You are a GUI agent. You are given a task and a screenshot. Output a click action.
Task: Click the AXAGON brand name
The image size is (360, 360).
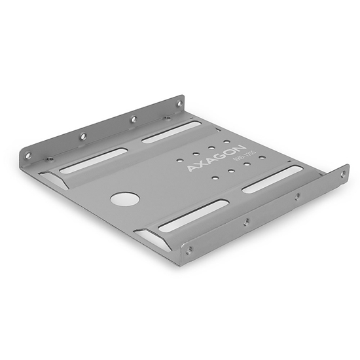click(x=216, y=157)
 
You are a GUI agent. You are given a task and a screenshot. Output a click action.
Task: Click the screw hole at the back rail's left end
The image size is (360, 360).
click(x=28, y=156)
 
